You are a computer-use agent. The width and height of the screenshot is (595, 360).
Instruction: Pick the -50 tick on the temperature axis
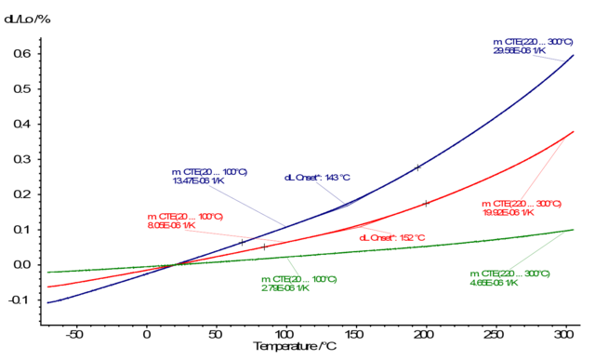[x=76, y=334]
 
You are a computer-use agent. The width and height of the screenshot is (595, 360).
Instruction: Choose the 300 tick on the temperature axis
[x=563, y=334]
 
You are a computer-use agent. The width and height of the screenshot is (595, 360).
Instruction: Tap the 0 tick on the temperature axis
[x=146, y=334]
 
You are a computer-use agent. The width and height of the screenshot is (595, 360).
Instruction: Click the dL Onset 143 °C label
[x=316, y=178]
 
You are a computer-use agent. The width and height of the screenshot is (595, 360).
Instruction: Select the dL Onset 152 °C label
[x=391, y=237]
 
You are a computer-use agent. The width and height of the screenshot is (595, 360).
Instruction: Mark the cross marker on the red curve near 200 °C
[x=426, y=203]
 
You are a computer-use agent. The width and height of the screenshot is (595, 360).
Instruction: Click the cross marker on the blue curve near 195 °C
[x=418, y=167]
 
